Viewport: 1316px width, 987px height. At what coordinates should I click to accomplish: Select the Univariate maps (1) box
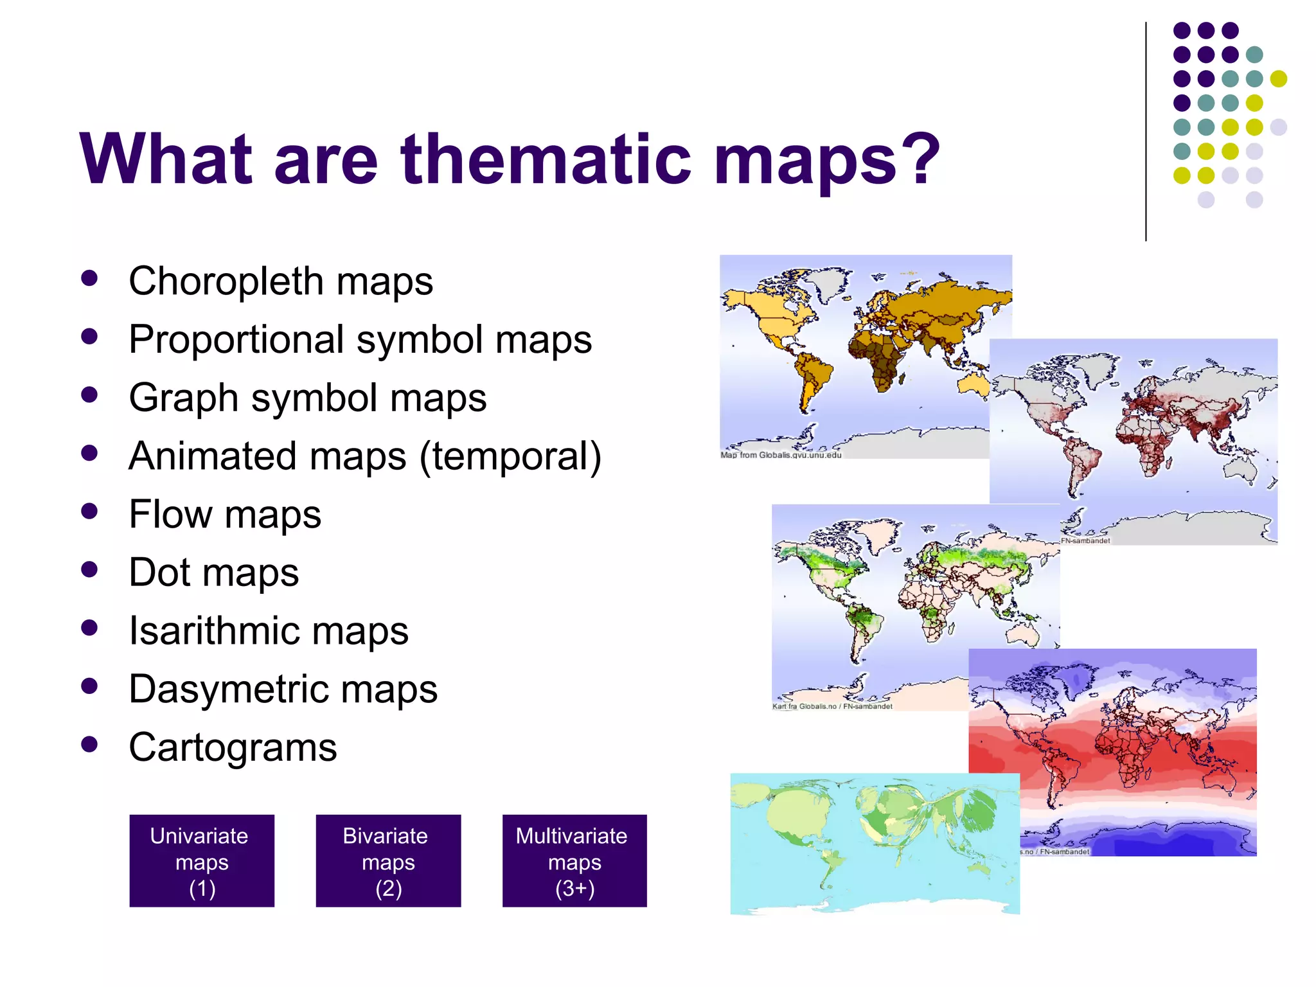click(x=202, y=861)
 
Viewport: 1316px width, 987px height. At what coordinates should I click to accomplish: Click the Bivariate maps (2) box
click(x=388, y=861)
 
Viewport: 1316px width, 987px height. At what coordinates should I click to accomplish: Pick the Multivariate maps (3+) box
click(x=574, y=861)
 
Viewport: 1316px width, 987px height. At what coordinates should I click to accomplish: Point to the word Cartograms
click(x=233, y=747)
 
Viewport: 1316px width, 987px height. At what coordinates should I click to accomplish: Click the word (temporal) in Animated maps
click(x=510, y=456)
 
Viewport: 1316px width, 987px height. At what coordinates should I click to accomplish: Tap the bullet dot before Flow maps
click(x=90, y=511)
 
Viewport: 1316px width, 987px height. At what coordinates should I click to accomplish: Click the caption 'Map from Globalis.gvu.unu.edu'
click(x=781, y=455)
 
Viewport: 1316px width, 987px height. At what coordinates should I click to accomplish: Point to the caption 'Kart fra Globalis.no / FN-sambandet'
click(x=832, y=706)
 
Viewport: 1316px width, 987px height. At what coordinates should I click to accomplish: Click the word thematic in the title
click(x=546, y=159)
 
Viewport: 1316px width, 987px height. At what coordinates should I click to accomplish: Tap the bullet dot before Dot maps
click(x=90, y=569)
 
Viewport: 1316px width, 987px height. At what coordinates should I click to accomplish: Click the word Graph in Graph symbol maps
click(x=184, y=398)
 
